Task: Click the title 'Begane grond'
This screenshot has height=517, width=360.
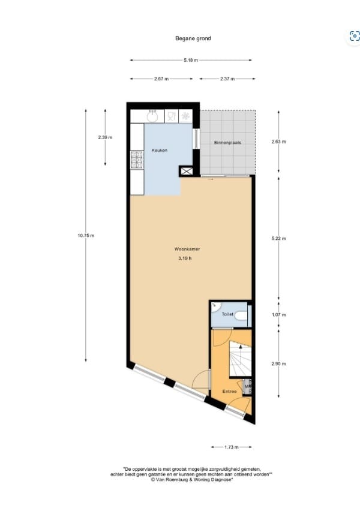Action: click(192, 38)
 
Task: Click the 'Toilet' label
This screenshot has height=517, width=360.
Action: click(227, 314)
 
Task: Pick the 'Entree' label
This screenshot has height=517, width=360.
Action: click(229, 391)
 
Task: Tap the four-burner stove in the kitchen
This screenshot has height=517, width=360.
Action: click(137, 160)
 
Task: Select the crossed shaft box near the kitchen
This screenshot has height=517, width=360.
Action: click(187, 171)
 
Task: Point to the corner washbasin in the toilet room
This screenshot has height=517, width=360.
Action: click(214, 305)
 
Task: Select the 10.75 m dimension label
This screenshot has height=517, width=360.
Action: click(86, 236)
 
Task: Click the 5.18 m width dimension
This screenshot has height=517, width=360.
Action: click(191, 61)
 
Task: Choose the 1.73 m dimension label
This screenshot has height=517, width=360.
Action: click(231, 447)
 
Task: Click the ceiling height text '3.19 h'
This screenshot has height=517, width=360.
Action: click(184, 258)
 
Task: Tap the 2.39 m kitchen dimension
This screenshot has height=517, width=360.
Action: click(105, 138)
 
